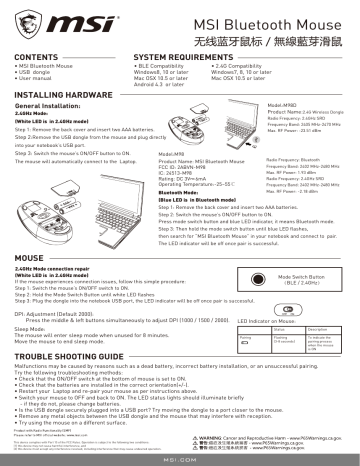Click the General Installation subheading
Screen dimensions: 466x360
50,103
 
